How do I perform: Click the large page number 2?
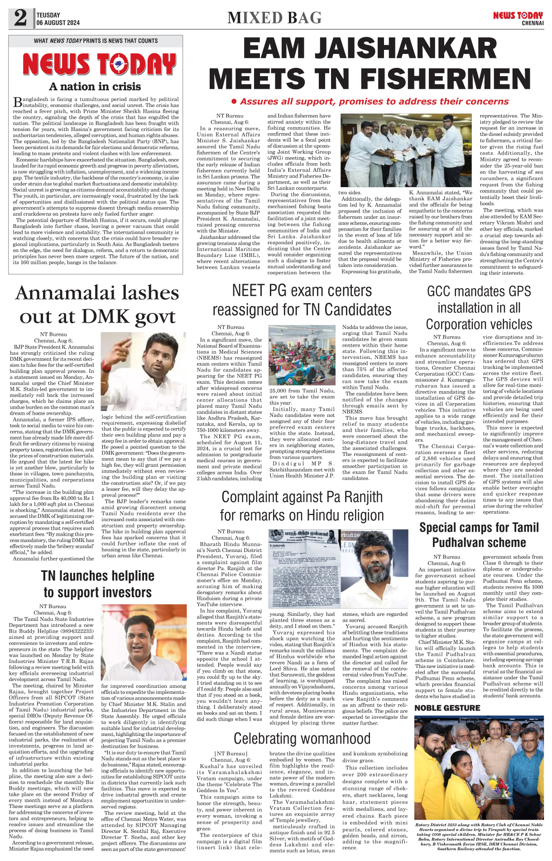20,18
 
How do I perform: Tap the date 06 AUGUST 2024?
58,23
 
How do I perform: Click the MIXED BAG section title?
274,18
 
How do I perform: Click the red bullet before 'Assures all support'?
234,102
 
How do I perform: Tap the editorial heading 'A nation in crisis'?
95,87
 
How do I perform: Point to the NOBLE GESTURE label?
447,708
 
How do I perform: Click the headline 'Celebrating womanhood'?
302,738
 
